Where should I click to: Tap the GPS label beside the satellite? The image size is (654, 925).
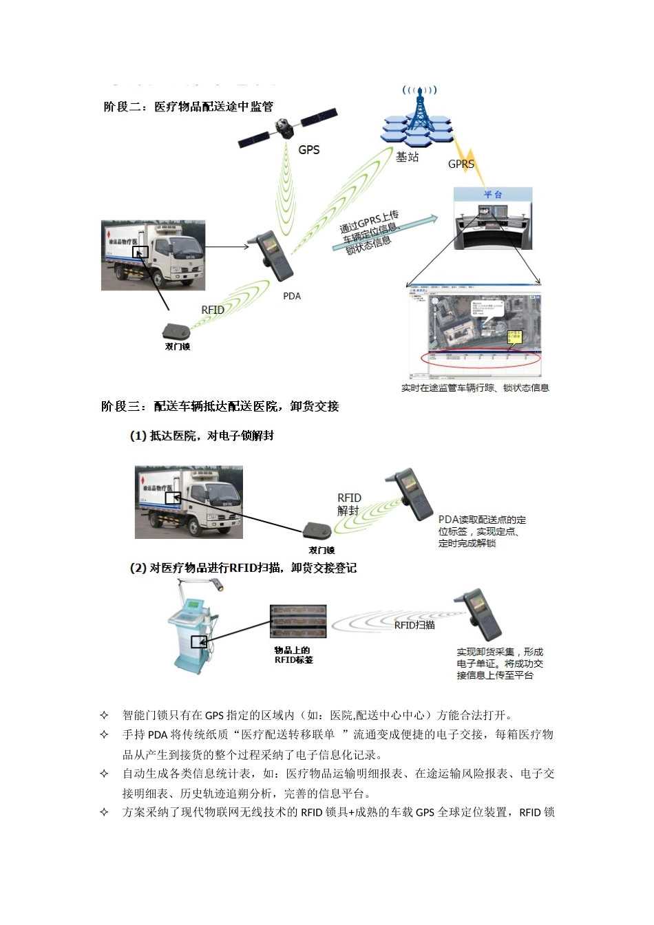pyautogui.click(x=309, y=150)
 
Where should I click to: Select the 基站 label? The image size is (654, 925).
pyautogui.click(x=407, y=158)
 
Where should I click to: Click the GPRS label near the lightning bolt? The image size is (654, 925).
pyautogui.click(x=461, y=164)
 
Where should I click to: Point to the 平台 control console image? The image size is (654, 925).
pyautogui.click(x=493, y=221)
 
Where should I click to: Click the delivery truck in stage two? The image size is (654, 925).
pyautogui.click(x=153, y=255)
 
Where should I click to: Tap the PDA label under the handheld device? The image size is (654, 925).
pyautogui.click(x=292, y=296)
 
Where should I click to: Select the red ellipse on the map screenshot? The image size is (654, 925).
pyautogui.click(x=481, y=359)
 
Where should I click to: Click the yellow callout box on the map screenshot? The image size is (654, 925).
pyautogui.click(x=514, y=337)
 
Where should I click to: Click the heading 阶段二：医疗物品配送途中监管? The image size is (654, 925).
pyautogui.click(x=188, y=107)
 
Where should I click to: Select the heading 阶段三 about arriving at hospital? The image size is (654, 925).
pyautogui.click(x=220, y=407)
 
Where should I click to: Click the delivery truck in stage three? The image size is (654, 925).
pyautogui.click(x=189, y=502)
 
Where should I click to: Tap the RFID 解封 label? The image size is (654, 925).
pyautogui.click(x=349, y=504)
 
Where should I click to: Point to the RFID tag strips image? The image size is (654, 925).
pyautogui.click(x=297, y=621)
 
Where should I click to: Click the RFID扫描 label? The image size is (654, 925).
pyautogui.click(x=414, y=625)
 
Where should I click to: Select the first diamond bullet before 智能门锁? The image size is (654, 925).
pyautogui.click(x=105, y=715)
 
